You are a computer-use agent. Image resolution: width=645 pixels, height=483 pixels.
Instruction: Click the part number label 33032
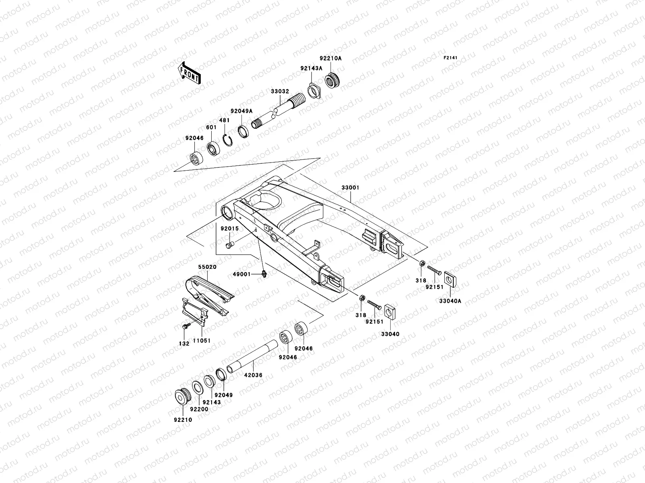pyautogui.click(x=280, y=91)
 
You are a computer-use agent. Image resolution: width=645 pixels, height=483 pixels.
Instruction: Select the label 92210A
pyautogui.click(x=331, y=58)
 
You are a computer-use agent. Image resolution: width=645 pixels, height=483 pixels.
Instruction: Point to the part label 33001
pyautogui.click(x=350, y=188)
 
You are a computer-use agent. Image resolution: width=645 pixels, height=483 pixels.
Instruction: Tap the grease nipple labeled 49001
pyautogui.click(x=264, y=274)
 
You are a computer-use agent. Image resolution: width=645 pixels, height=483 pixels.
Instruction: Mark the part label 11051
pyautogui.click(x=202, y=341)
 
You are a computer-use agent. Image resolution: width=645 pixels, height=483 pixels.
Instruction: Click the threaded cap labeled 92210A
pyautogui.click(x=334, y=79)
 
